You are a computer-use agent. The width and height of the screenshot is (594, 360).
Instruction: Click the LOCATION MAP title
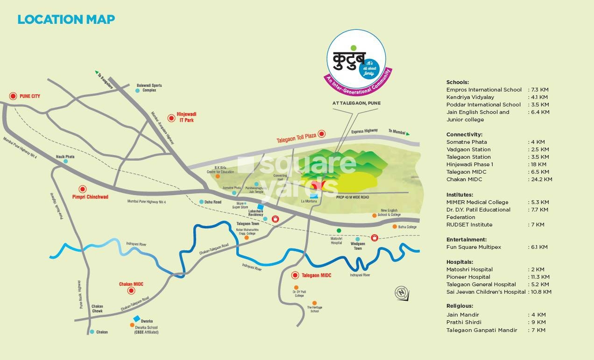click(x=66, y=20)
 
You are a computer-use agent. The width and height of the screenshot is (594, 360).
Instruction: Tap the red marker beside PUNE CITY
click(x=13, y=96)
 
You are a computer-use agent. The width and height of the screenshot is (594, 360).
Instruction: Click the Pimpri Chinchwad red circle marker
click(x=83, y=189)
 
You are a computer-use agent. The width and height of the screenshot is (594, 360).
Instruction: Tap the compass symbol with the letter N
click(x=401, y=293)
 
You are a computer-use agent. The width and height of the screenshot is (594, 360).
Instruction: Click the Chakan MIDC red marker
click(x=131, y=290)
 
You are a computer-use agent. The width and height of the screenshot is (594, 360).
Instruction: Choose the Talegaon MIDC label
click(x=316, y=275)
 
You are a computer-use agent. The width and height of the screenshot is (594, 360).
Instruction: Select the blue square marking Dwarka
click(x=136, y=319)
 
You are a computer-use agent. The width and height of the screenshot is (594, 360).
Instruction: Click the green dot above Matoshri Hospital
click(x=339, y=231)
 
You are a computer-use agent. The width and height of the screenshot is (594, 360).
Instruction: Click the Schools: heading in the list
click(x=457, y=82)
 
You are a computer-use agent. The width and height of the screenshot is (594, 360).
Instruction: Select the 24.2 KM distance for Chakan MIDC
click(x=541, y=179)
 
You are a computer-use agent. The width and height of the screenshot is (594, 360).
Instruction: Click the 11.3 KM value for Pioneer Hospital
click(x=539, y=277)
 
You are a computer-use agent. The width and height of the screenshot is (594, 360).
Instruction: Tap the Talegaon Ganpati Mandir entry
click(x=481, y=330)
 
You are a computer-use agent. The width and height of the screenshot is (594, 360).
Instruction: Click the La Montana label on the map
click(x=309, y=201)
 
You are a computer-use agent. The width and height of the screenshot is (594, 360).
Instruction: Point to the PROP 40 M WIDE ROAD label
click(x=353, y=198)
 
